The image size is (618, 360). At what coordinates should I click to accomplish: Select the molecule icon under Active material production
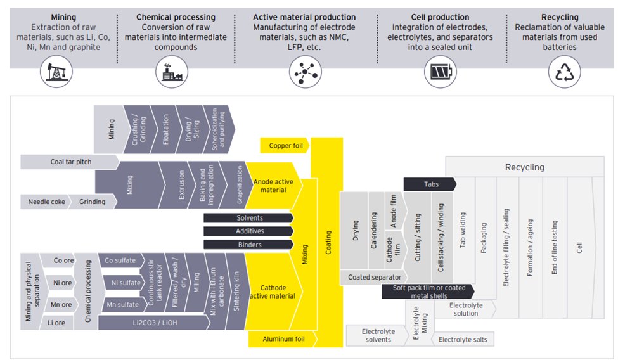304,72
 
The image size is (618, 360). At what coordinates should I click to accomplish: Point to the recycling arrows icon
563,72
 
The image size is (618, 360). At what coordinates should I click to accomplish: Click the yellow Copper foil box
285,145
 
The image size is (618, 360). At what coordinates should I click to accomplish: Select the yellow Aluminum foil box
283,340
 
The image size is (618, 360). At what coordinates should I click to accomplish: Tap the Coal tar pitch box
70,162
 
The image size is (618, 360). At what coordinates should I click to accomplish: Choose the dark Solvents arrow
248,217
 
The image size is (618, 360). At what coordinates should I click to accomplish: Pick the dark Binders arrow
248,244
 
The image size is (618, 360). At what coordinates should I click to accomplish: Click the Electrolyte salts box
463,340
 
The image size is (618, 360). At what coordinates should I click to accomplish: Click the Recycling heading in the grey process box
524,167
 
